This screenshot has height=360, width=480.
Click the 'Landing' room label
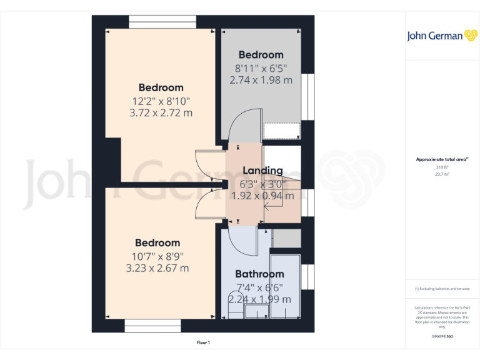click(262, 171)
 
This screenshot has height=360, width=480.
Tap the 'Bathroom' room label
click(259, 274)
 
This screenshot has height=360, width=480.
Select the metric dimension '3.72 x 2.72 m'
click(161, 113)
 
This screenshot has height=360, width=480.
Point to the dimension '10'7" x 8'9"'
click(157, 256)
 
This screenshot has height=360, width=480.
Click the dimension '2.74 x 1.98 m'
click(261, 80)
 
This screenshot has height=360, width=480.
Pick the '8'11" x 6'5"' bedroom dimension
click(261, 67)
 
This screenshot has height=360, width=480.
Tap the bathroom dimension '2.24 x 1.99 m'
click(259, 299)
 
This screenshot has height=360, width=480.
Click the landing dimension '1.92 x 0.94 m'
click(262, 196)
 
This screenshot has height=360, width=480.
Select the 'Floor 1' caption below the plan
click(203, 342)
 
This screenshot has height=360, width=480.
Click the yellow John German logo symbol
click(471, 36)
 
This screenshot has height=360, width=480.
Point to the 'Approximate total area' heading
click(432, 160)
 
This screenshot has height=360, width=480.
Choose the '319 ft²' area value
click(433, 167)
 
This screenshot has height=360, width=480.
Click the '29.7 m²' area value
click(433, 174)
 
